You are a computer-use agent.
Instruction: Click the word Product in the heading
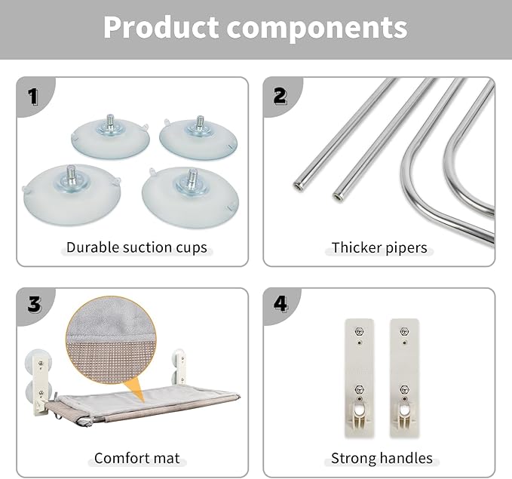[161, 27]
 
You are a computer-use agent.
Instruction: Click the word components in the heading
[317, 29]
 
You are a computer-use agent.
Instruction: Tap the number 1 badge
[33, 97]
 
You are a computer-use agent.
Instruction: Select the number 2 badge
[281, 96]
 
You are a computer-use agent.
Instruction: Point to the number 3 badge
[34, 305]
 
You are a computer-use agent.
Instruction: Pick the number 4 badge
[281, 304]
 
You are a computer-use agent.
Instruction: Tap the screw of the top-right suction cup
[200, 122]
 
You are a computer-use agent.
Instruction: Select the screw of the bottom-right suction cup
[192, 178]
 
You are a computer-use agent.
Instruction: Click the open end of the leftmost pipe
[298, 187]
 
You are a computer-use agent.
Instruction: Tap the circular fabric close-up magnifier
[111, 340]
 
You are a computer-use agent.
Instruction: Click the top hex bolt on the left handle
[359, 331]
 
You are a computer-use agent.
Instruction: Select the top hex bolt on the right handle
[405, 331]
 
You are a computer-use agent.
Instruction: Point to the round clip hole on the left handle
[359, 410]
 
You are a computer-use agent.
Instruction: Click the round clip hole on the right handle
[405, 410]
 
